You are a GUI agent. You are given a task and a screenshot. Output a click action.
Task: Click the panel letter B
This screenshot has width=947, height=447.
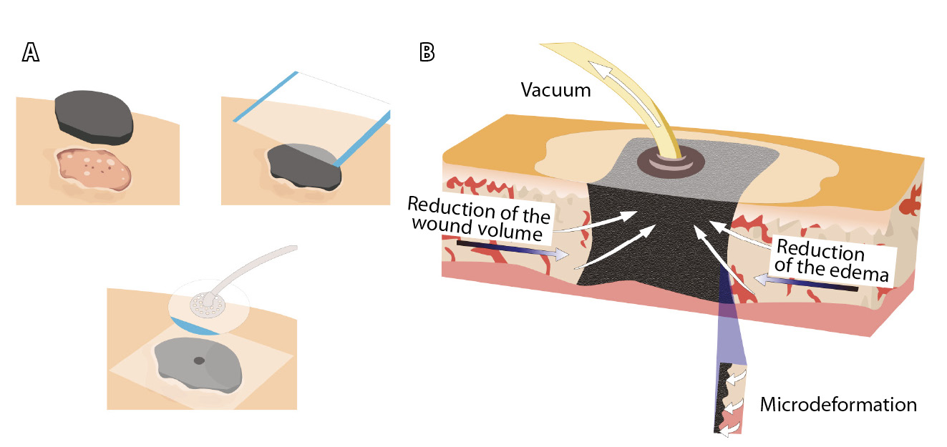(427, 51)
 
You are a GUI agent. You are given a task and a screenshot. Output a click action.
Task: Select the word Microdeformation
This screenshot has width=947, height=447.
(838, 405)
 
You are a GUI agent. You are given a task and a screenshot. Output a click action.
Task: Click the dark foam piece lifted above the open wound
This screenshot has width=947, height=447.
(94, 114)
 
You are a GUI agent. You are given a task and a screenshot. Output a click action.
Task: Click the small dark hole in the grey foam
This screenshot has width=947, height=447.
(199, 360)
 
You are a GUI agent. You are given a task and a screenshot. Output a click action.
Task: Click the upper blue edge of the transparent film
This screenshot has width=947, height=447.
(265, 97)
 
